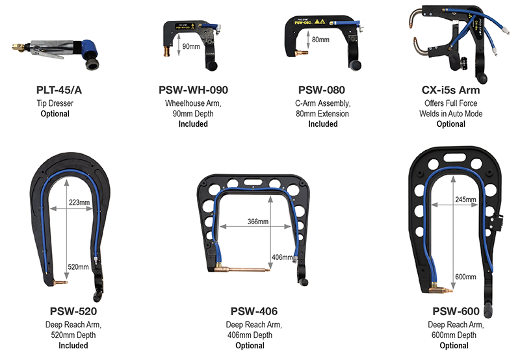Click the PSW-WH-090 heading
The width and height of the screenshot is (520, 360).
[x=193, y=90]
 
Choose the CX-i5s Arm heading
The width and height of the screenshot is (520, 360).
[x=451, y=90]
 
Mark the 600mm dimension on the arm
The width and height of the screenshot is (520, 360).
[x=466, y=277]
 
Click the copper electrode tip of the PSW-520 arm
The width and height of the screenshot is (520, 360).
[x=60, y=281]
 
